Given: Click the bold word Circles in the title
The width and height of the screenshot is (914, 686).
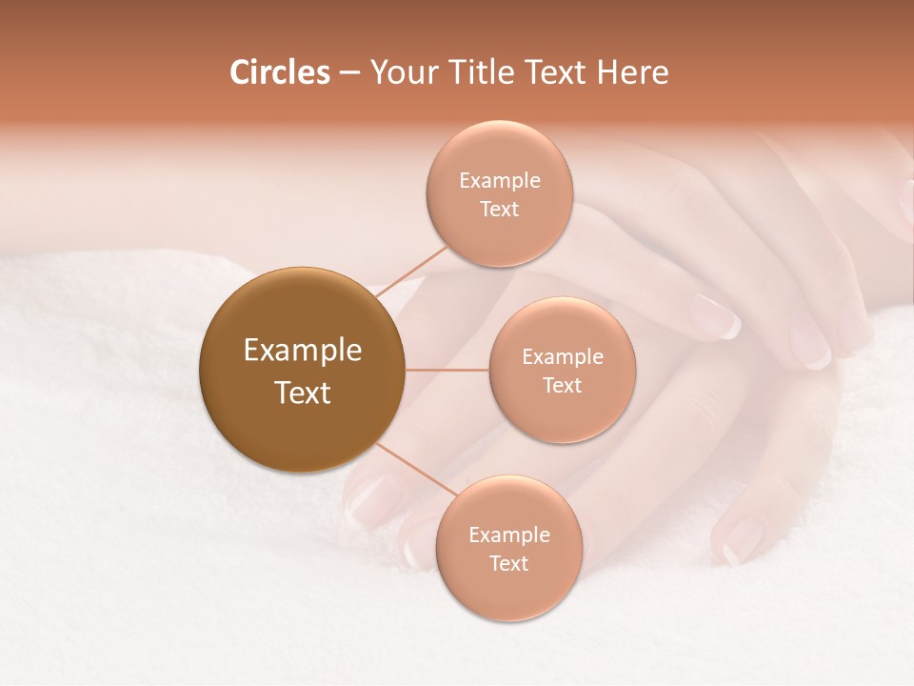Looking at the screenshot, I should (x=280, y=72).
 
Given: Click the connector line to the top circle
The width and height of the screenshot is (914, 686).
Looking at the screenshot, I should (x=412, y=269).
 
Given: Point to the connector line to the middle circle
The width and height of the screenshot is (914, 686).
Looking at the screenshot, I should (x=447, y=370).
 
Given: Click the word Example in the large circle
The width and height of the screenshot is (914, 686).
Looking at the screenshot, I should (x=303, y=351).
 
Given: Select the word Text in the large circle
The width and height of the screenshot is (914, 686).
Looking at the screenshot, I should (x=303, y=393).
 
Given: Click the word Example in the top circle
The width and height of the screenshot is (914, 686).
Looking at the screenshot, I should (x=500, y=181).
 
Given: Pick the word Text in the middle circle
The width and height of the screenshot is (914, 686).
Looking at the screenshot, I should (x=562, y=386).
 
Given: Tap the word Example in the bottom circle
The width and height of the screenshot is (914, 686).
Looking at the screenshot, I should (x=508, y=535).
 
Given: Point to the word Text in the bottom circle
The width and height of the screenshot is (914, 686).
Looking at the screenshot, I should (x=508, y=564).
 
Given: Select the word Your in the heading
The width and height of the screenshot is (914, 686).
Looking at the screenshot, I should (x=401, y=72).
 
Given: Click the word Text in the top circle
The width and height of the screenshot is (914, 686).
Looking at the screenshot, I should (x=500, y=210).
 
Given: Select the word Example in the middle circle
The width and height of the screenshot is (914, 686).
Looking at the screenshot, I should (x=562, y=357).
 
